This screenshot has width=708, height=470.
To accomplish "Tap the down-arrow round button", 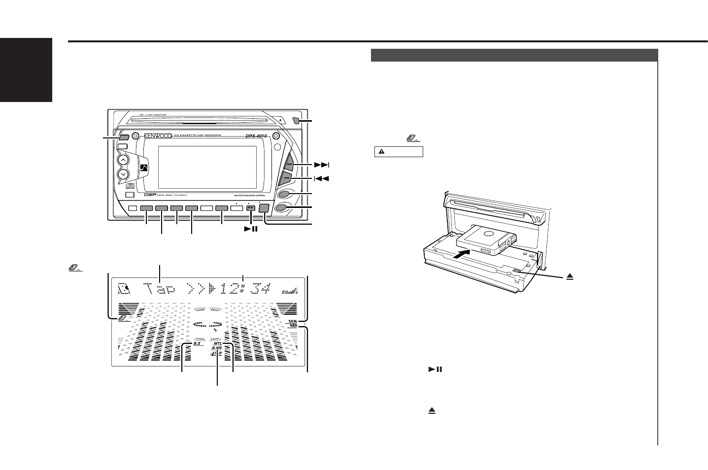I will [123, 174].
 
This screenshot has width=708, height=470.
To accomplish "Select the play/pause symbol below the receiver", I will [251, 229].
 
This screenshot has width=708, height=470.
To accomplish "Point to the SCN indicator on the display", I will [294, 321].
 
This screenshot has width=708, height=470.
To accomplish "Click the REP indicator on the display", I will [294, 326].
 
